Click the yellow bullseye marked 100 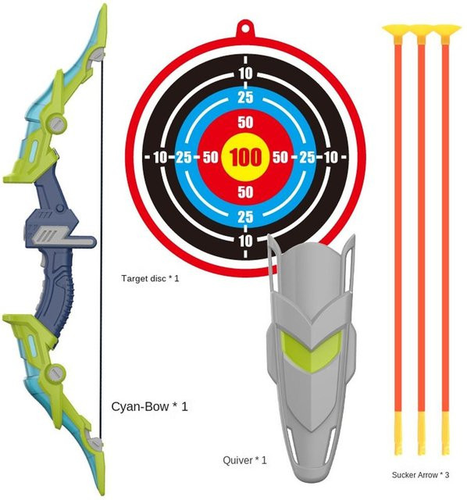[245, 157]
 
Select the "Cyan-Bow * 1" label [149, 406]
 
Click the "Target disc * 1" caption [150, 278]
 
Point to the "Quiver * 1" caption [244, 460]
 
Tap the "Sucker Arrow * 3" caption [420, 475]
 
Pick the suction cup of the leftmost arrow [397, 31]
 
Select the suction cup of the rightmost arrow [446, 31]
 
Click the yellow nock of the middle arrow [422, 434]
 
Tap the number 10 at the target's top [245, 74]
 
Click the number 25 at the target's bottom [245, 217]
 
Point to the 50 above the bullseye [245, 123]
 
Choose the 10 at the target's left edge [160, 157]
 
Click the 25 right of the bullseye [307, 157]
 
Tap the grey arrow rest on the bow [64, 237]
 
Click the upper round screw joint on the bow [57, 122]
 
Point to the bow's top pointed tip [104, 5]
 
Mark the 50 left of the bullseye [210, 157]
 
